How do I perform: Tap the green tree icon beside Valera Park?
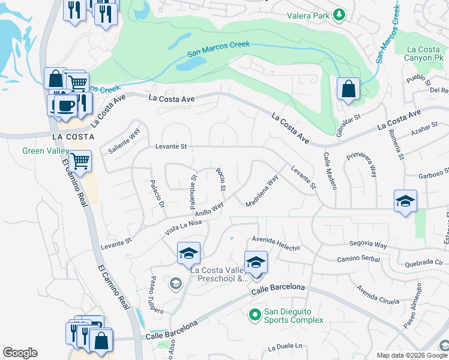point(339,14)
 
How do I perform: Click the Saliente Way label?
point(124,141)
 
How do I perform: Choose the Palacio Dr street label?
point(157,193)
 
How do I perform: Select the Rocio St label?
point(220,179)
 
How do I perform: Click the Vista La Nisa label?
point(183,227)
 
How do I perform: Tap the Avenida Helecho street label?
point(276,242)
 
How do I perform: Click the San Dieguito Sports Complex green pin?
point(255,314)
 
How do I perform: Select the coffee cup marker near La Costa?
point(65,106)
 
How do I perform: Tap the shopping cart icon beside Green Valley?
point(80,161)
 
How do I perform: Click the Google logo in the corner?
point(20,353)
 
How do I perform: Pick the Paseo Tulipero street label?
point(155,295)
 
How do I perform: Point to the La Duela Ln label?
point(285,347)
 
